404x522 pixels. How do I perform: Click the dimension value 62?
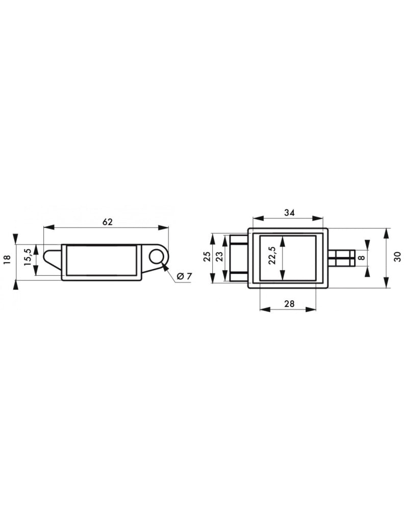(108, 222)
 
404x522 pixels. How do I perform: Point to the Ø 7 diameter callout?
(184, 276)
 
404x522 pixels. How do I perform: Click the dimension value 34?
(289, 213)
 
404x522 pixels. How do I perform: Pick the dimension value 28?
(289, 303)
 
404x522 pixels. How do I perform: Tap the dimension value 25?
(207, 257)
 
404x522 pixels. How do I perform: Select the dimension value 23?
(219, 257)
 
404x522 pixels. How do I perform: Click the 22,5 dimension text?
(272, 255)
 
